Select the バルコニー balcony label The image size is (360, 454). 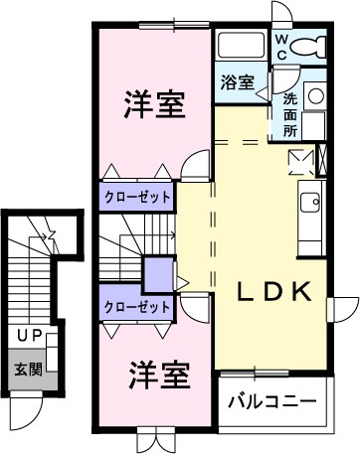(271, 402)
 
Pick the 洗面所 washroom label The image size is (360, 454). (289, 113)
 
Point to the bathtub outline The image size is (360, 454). (241, 46)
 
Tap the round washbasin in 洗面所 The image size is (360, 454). (315, 96)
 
